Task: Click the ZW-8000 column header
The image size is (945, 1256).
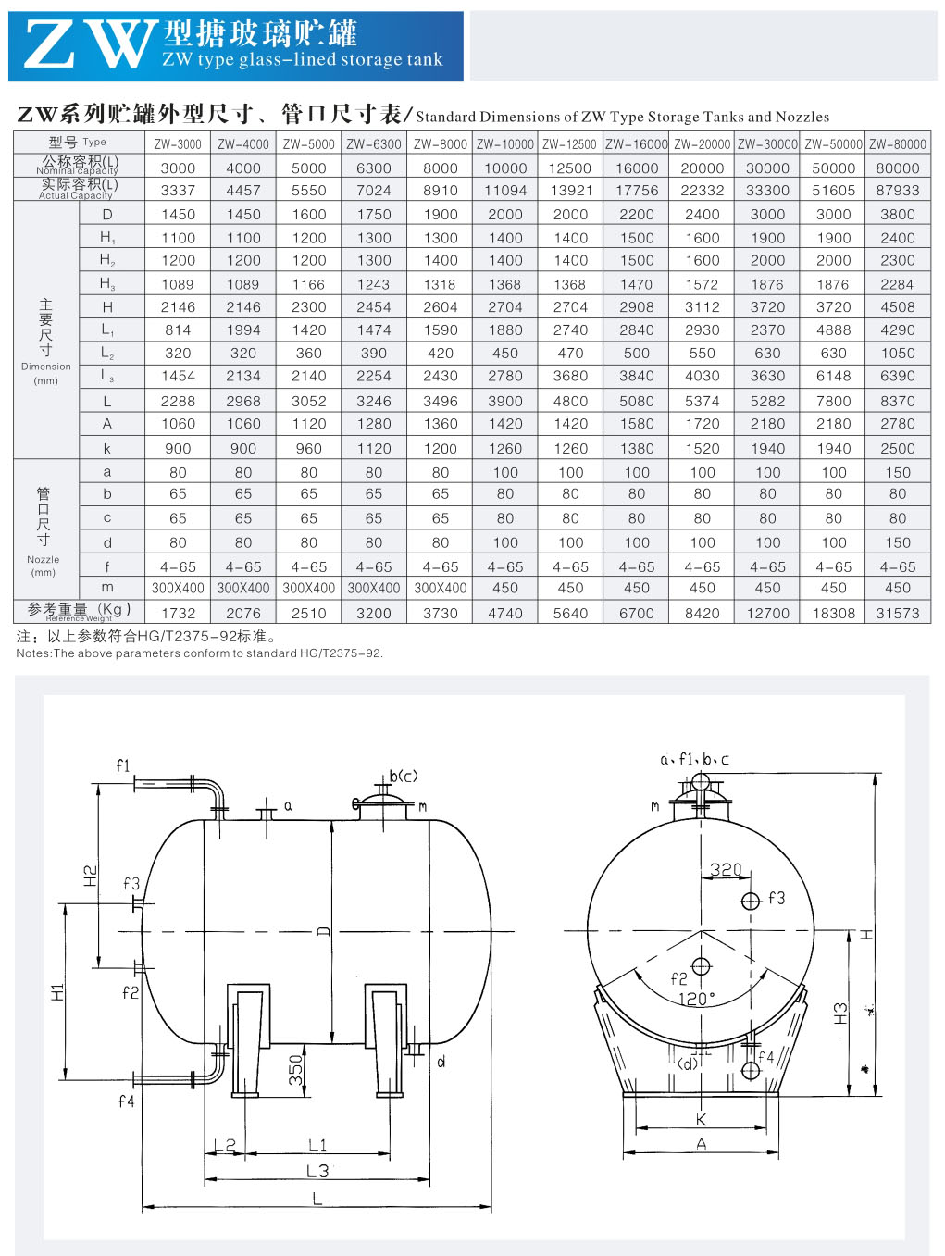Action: pos(440,144)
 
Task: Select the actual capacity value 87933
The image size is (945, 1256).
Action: pos(898,191)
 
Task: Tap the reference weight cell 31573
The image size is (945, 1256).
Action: pos(898,614)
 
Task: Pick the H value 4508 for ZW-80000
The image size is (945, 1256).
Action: pos(898,307)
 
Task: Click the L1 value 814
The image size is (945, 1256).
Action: pos(178,330)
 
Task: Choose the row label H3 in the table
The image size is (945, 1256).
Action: pos(107,284)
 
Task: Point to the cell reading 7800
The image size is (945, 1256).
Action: pos(833,401)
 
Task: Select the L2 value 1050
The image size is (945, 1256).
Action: pos(898,353)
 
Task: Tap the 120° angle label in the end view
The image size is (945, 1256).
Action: pos(696,999)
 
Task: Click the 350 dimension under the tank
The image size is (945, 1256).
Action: pos(296,1071)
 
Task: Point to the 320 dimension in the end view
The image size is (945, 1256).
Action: pos(726,870)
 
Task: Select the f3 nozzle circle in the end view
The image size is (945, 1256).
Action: pos(750,902)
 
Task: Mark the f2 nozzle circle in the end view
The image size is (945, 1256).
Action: pos(701,967)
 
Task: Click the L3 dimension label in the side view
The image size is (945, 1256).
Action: pos(317,1170)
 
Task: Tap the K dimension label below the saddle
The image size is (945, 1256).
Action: pos(702,1120)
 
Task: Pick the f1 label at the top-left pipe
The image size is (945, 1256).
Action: pos(123,765)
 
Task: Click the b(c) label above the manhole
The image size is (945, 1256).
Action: pos(404,776)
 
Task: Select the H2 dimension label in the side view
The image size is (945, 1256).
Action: pos(91,877)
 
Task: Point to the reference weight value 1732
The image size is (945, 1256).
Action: pos(178,614)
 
